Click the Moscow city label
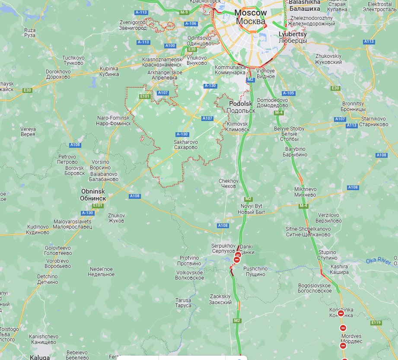tap(251, 17)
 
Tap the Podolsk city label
tap(241, 107)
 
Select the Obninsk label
tap(93, 194)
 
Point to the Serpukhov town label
tap(223, 248)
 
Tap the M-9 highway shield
tap(184, 12)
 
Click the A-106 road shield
tap(191, 23)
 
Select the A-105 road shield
tap(288, 93)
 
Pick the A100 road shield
tap(170, 45)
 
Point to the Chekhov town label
tap(228, 183)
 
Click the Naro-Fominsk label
tap(113, 120)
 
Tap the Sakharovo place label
tap(186, 144)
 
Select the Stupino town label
tap(328, 255)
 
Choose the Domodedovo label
tap(272, 102)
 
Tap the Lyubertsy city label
tap(293, 37)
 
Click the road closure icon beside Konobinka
tap(341, 313)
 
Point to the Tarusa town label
tap(183, 303)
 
